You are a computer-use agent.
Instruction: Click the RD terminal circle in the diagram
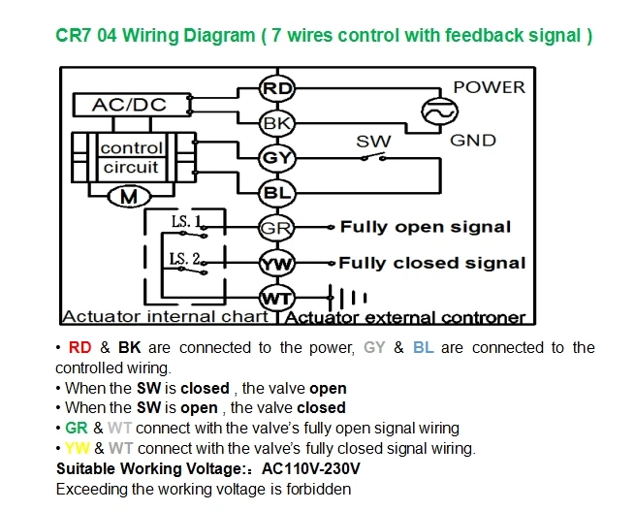pos(277,88)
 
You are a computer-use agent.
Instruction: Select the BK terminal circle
pos(277,123)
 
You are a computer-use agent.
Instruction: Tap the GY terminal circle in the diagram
pos(277,157)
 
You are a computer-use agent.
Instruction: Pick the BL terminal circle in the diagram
pos(277,192)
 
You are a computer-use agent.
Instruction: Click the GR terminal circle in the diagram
pos(277,228)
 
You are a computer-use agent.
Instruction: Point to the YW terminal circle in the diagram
pos(277,263)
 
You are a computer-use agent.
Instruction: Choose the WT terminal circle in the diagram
pos(277,298)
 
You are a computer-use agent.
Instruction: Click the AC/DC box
pos(132,106)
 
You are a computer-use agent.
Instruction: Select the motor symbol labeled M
pos(129,197)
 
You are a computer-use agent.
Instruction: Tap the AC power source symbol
pos(440,112)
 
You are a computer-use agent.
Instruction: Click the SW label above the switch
pos(373,142)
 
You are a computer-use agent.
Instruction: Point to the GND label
pos(472,140)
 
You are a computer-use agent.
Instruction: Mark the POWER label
pos(489,87)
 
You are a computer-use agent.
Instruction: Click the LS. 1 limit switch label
pos(186,221)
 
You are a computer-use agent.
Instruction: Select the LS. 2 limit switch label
pos(184,258)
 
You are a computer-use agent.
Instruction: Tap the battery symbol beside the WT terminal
pos(347,298)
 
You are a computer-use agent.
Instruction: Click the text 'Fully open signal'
pos(426,227)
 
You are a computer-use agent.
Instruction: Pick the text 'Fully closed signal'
pos(432,263)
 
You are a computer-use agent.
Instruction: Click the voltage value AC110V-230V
pos(310,468)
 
